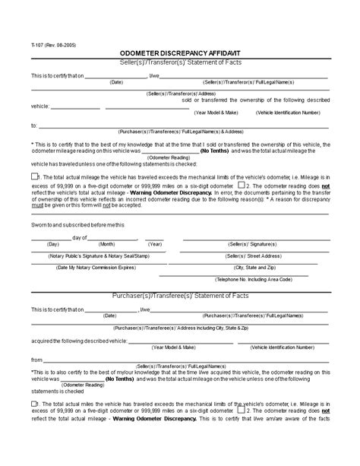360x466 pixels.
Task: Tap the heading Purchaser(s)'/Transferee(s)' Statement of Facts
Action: [x=179, y=296]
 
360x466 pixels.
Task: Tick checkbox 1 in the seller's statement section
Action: [x=34, y=176]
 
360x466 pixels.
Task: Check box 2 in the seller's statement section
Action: [x=241, y=184]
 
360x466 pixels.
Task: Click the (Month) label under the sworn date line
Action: [x=106, y=244]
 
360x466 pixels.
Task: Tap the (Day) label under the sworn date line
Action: [x=53, y=244]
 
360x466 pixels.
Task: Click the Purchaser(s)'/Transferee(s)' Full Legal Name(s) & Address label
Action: [x=180, y=131]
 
